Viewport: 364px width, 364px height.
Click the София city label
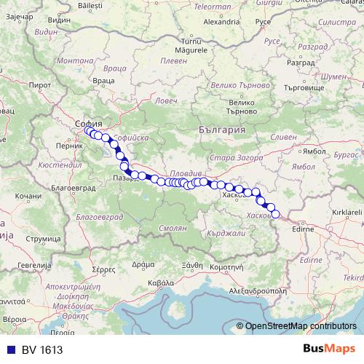(88, 124)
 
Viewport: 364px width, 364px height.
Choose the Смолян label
(173, 228)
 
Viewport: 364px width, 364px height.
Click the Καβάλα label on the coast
(160, 281)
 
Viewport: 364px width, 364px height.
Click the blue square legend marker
(8, 350)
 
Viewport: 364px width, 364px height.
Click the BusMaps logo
(330, 349)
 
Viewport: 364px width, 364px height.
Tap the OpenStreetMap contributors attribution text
(301, 327)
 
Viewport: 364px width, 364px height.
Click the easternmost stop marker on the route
(275, 214)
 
